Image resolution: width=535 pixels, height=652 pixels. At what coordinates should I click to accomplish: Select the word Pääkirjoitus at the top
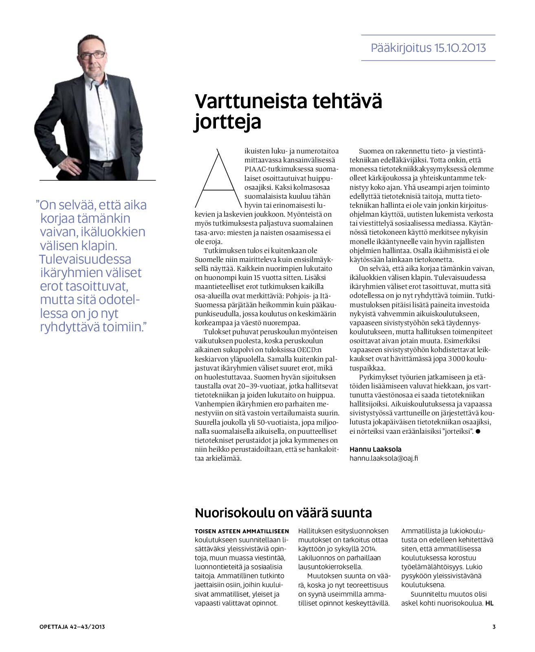(401, 48)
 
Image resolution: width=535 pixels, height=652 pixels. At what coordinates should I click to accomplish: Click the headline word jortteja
(227, 122)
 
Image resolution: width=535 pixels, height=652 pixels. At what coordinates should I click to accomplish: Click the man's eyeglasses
(92, 55)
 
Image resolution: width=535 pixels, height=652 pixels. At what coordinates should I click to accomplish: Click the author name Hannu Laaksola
(375, 449)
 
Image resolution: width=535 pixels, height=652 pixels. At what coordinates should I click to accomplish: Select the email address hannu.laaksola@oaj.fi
(383, 458)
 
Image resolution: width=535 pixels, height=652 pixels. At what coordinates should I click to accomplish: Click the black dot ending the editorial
(478, 431)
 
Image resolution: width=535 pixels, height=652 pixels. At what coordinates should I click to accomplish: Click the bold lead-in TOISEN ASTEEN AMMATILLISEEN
(242, 531)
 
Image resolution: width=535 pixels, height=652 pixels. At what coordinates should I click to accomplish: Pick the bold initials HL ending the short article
(489, 603)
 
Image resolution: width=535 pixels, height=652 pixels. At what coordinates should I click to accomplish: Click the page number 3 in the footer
(494, 627)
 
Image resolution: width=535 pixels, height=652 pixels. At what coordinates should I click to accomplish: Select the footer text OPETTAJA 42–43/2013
(72, 627)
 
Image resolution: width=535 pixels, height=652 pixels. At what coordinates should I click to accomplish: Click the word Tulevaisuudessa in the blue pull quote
(85, 259)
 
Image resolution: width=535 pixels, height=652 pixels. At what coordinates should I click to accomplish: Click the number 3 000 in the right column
(455, 359)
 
